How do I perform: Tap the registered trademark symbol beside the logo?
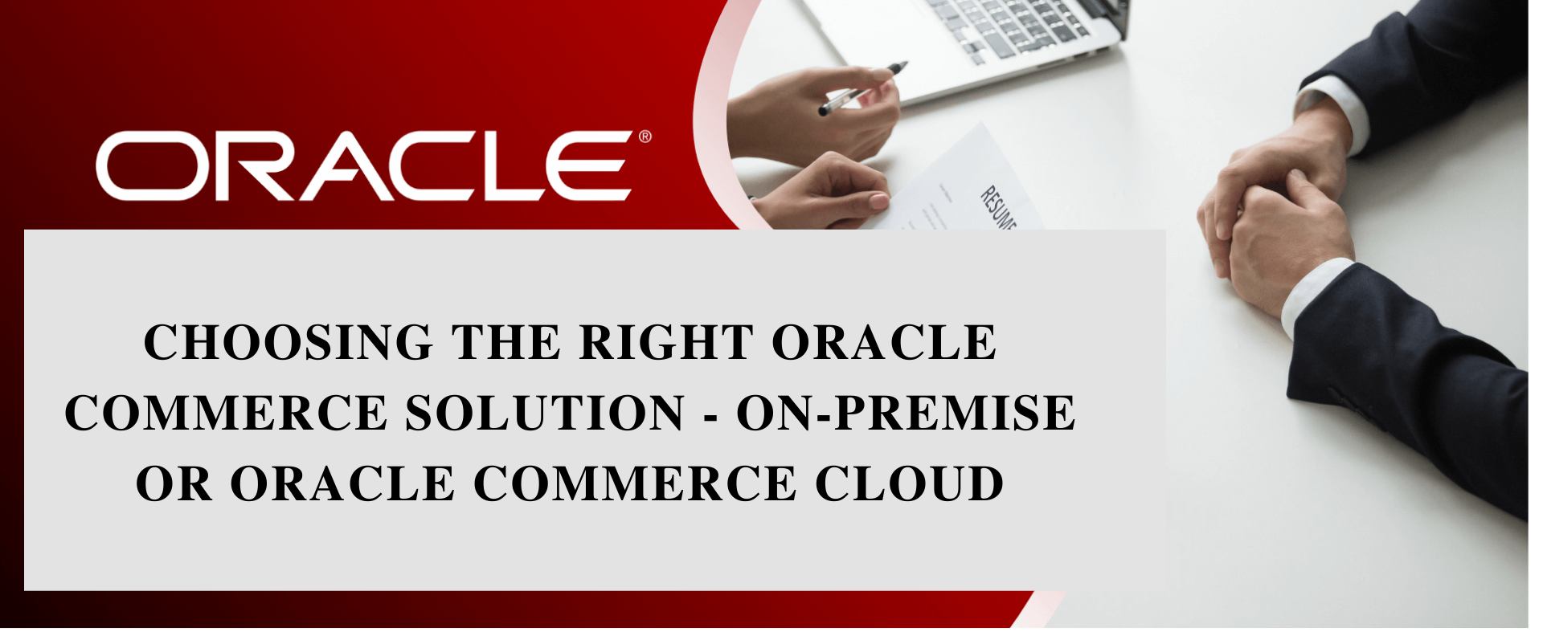click(645, 137)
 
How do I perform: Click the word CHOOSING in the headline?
click(289, 343)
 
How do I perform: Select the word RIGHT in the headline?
click(666, 343)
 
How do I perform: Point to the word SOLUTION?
click(545, 414)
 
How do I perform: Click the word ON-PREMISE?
click(906, 414)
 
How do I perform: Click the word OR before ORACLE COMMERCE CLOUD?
click(174, 484)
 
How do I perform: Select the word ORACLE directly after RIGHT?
click(884, 343)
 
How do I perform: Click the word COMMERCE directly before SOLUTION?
click(226, 414)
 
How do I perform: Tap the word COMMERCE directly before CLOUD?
click(635, 484)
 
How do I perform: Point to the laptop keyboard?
click(1013, 28)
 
